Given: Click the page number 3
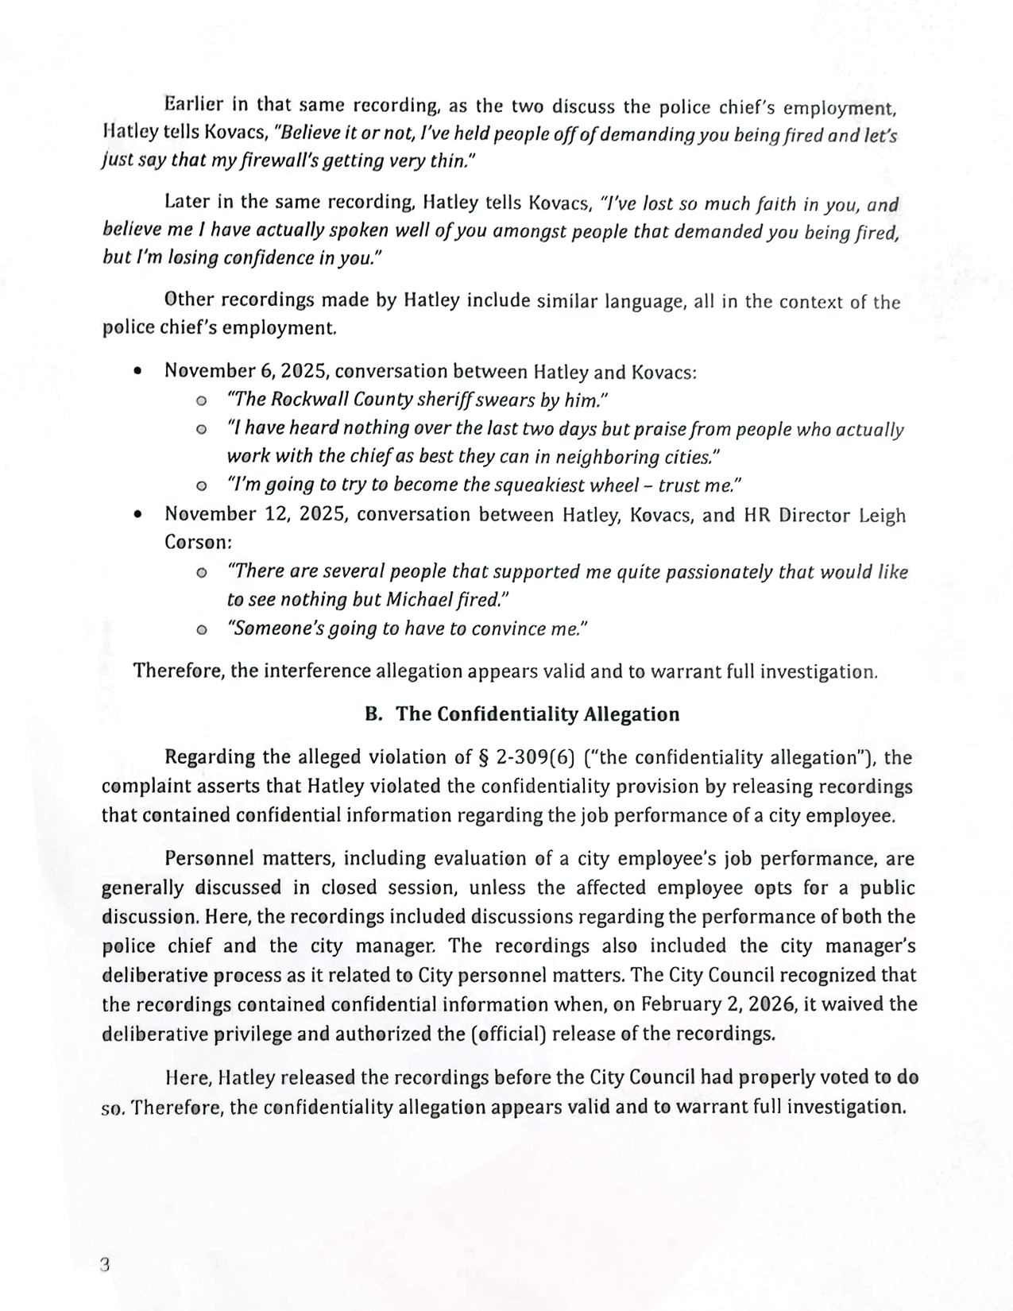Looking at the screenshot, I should click(x=104, y=1265).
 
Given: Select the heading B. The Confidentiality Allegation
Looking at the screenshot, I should click(x=522, y=714).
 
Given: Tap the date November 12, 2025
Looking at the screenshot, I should click(x=256, y=515).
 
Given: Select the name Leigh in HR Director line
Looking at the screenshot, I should click(x=882, y=516).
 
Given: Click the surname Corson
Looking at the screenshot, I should click(x=197, y=543).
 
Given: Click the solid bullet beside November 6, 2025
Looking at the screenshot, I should click(x=139, y=371).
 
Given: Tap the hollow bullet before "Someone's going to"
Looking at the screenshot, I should click(x=201, y=629).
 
